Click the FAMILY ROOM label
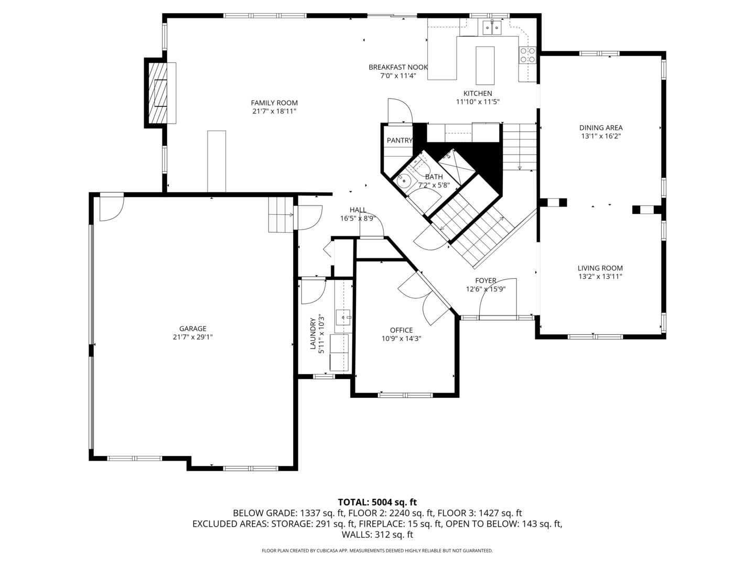274,103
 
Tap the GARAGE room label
192,329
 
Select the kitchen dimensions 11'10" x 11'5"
477,102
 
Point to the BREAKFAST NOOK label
398,67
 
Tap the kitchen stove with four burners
527,55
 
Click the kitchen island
485,65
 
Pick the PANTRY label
399,140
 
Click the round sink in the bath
404,181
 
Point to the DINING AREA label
600,127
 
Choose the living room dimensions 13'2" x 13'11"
600,277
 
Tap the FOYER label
486,281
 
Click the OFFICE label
401,330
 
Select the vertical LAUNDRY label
313,334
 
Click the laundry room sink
343,317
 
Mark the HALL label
358,210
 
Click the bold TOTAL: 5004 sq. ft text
377,502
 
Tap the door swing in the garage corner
111,206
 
